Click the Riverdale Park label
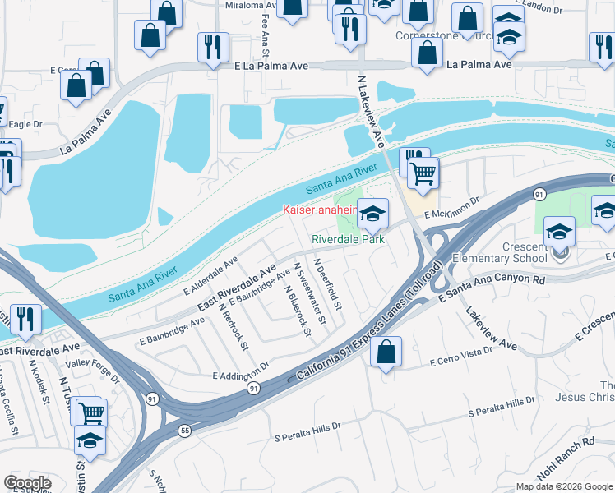click(349, 240)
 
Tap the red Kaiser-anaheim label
click(320, 210)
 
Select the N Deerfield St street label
click(327, 283)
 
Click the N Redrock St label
click(234, 325)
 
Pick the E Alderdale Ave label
click(210, 275)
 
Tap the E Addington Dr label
click(240, 371)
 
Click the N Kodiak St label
click(39, 379)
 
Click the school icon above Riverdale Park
click(372, 215)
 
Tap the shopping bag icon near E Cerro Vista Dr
click(386, 352)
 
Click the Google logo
click(27, 483)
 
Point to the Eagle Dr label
click(25, 124)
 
